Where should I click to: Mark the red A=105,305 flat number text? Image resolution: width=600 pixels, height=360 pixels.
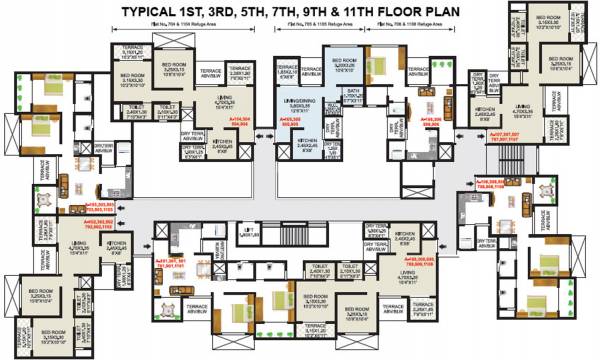291,121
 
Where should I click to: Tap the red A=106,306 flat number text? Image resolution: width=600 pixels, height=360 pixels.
431,120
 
